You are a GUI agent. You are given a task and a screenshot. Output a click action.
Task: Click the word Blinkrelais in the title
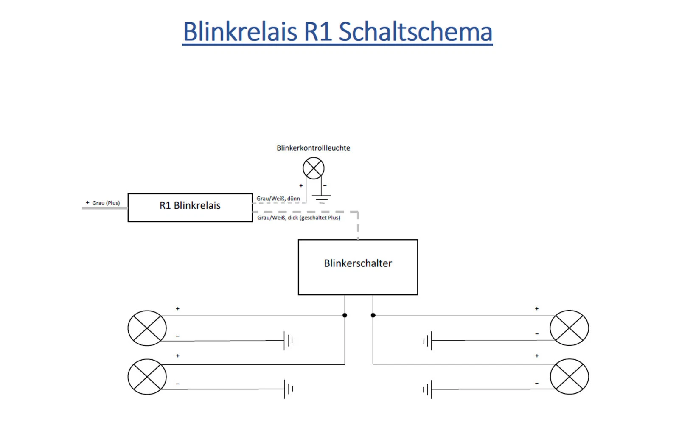[240, 32]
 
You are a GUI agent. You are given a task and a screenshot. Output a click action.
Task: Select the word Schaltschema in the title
[415, 32]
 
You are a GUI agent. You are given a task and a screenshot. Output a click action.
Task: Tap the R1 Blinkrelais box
[190, 207]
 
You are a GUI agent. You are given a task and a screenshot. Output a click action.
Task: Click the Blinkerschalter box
[358, 267]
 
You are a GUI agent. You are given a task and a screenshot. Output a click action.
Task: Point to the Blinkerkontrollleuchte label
[313, 148]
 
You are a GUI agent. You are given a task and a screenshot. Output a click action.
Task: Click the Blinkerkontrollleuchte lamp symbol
[314, 168]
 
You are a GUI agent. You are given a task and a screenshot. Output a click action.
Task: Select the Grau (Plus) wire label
[106, 203]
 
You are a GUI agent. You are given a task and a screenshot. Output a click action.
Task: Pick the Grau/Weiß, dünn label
[278, 199]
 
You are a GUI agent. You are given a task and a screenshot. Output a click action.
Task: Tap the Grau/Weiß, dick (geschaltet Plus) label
[299, 218]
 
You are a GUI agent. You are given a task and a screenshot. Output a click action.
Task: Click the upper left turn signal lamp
[147, 328]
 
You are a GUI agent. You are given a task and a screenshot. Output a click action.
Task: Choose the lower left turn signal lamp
[147, 377]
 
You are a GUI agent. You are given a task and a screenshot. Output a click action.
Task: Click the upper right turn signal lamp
[569, 328]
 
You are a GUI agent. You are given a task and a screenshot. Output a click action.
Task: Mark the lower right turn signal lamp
[569, 377]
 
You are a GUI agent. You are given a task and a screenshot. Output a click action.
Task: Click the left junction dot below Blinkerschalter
[345, 315]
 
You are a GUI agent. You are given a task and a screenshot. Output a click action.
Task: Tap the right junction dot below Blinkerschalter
[373, 315]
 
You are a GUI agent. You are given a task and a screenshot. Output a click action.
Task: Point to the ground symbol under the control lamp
[322, 198]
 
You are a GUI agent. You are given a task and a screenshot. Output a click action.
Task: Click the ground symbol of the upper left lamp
[288, 340]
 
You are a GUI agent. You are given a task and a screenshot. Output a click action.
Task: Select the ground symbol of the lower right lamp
[428, 389]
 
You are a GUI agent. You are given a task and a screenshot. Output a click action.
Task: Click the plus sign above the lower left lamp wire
[178, 356]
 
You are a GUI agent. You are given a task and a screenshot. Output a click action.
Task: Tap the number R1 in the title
[318, 32]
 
